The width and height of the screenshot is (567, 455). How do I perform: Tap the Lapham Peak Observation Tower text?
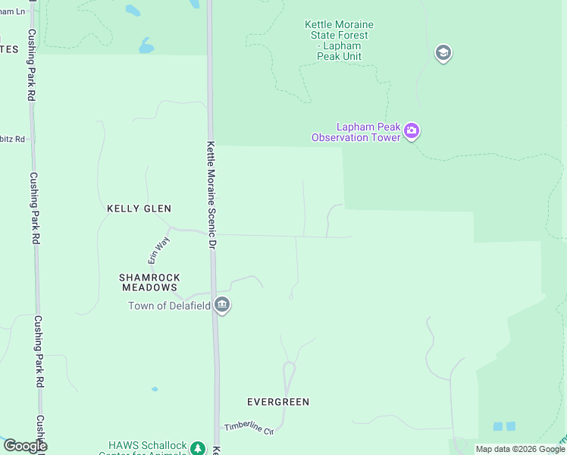356,132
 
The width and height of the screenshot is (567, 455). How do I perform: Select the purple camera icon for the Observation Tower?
412,131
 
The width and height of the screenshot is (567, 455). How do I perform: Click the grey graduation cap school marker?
443,53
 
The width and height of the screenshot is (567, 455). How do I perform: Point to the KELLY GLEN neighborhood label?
139,209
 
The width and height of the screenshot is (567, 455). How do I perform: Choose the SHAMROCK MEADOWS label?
149,282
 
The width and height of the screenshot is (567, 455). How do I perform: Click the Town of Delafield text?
169,306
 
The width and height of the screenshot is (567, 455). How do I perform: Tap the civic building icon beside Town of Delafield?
222,306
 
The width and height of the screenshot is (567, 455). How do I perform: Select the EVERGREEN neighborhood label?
278,402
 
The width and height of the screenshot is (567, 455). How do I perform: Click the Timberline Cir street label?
248,429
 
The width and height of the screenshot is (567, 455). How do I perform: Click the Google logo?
25,446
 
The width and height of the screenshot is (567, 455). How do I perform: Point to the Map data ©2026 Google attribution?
520,449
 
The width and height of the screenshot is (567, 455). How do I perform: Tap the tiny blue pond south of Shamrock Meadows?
155,389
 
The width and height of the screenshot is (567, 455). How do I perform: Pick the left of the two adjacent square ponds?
498,426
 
